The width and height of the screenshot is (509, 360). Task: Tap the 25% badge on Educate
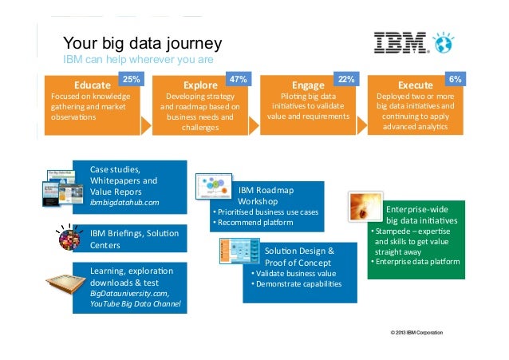tap(130, 79)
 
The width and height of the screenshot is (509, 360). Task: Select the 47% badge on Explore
tap(237, 79)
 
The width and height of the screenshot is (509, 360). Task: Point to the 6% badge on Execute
tap(454, 79)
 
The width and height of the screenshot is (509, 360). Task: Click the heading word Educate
tap(92, 85)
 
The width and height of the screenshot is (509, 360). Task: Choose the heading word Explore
tap(199, 85)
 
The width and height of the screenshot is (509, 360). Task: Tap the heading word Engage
tap(308, 85)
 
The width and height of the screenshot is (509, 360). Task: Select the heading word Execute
tap(415, 85)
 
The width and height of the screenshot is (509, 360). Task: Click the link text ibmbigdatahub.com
tap(124, 203)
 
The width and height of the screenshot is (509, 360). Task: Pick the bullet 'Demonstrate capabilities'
tap(296, 284)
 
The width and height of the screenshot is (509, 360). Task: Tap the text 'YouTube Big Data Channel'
tap(135, 304)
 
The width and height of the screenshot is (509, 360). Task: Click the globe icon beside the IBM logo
tap(442, 43)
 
